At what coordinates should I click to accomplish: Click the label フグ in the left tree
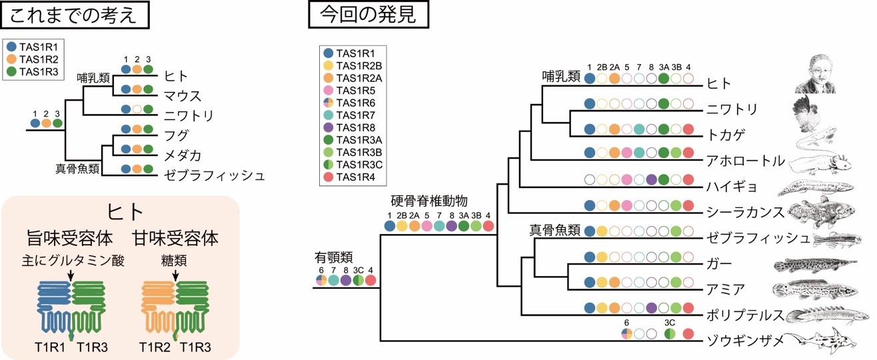[175, 134]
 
